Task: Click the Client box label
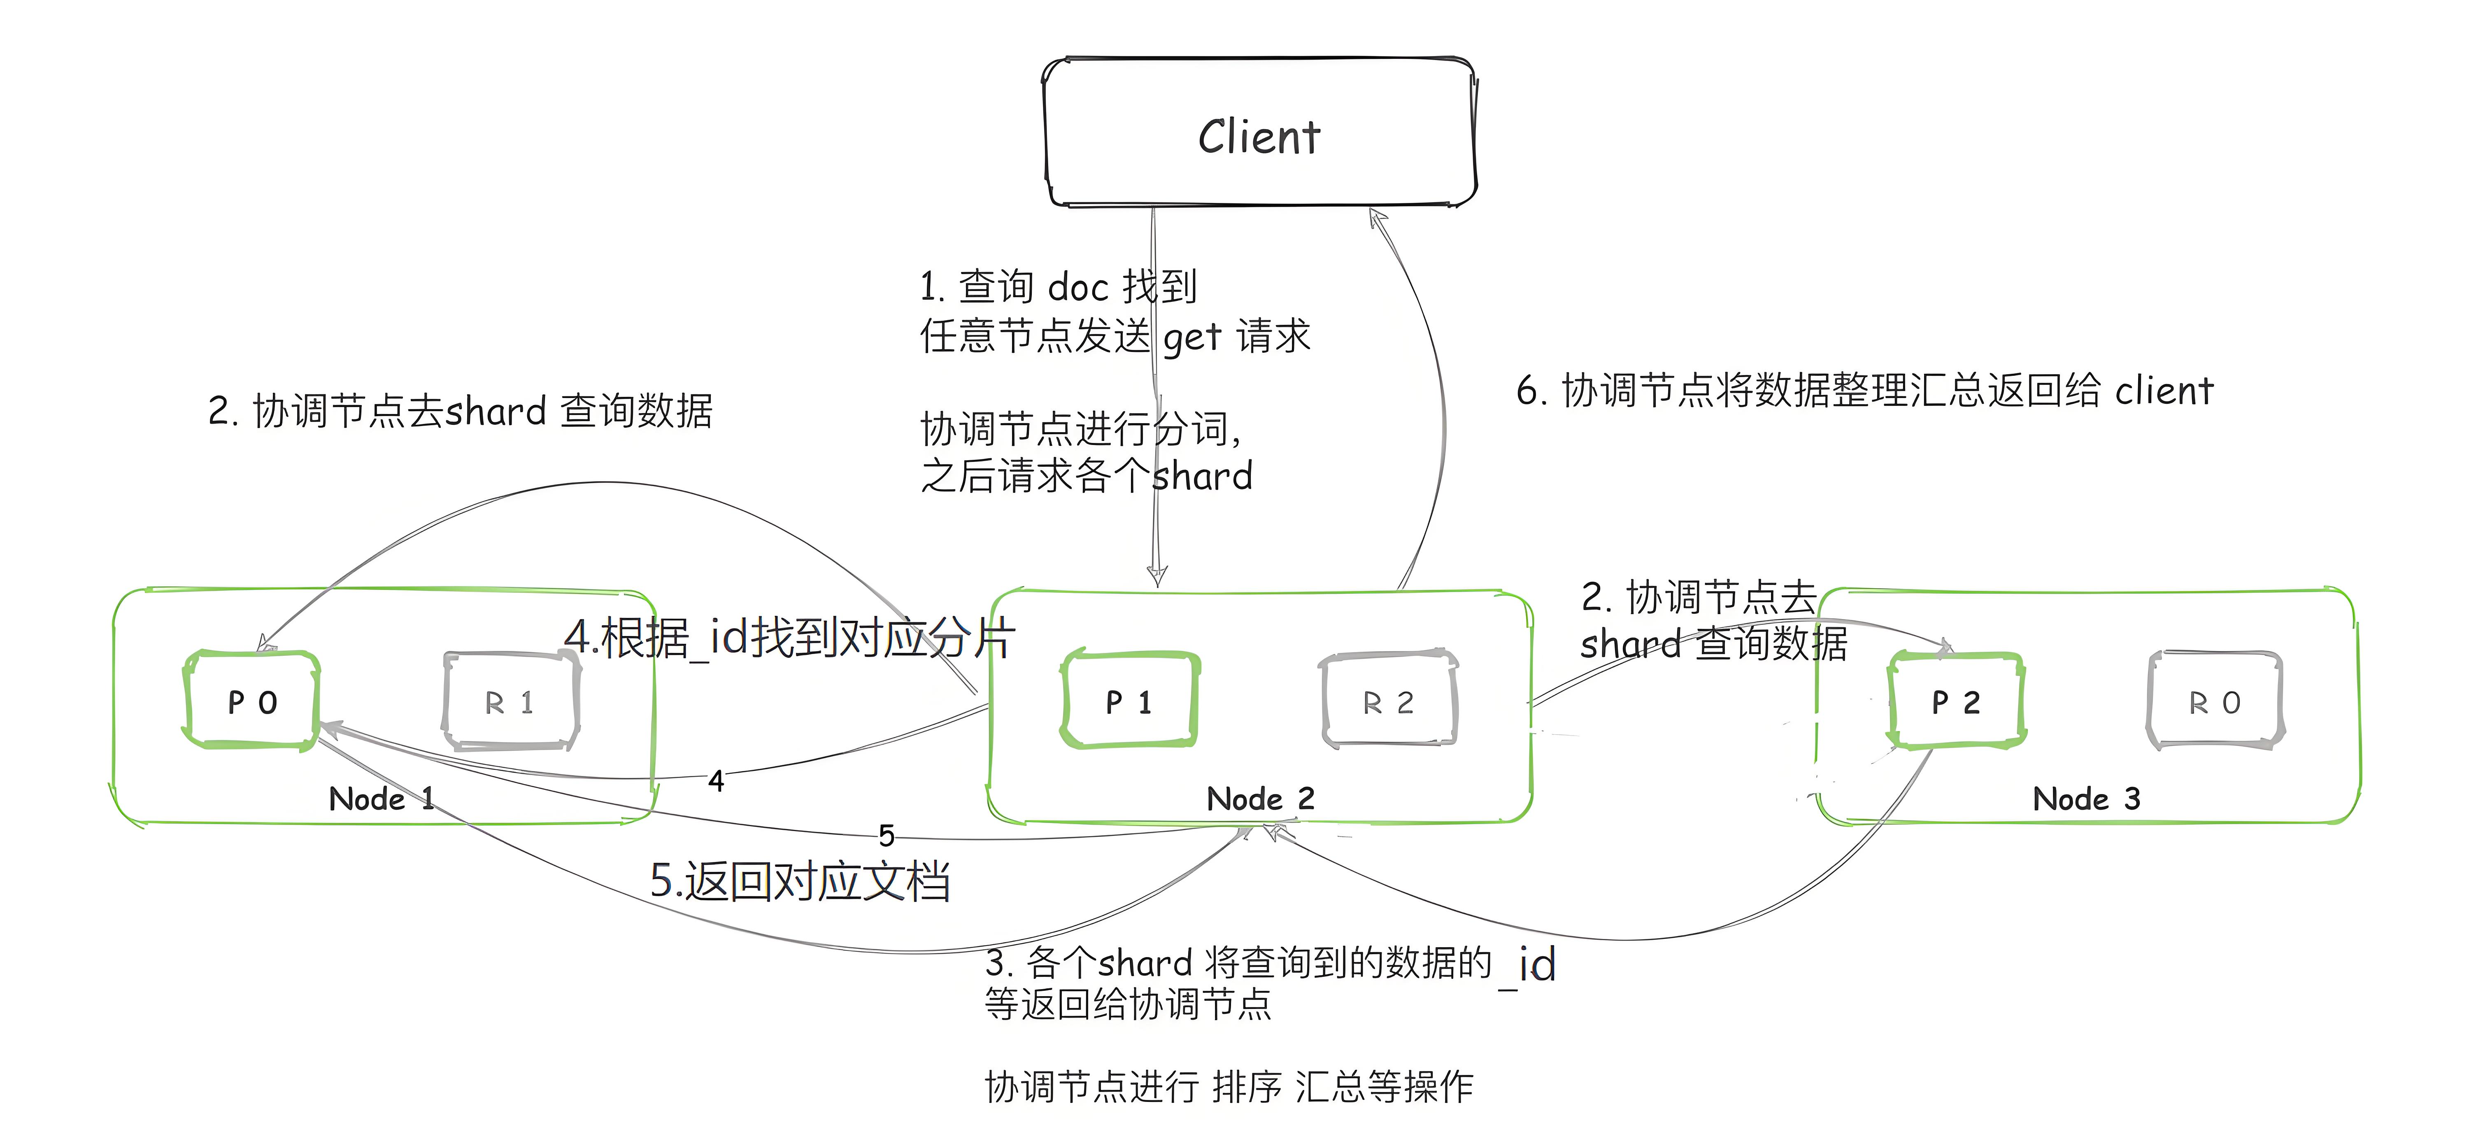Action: (x=1259, y=137)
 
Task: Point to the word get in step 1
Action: (x=1192, y=338)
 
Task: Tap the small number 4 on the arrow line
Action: (x=716, y=780)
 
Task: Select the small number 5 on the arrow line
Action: (x=886, y=834)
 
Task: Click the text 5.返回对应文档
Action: (x=800, y=880)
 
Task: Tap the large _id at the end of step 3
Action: (x=1528, y=964)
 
